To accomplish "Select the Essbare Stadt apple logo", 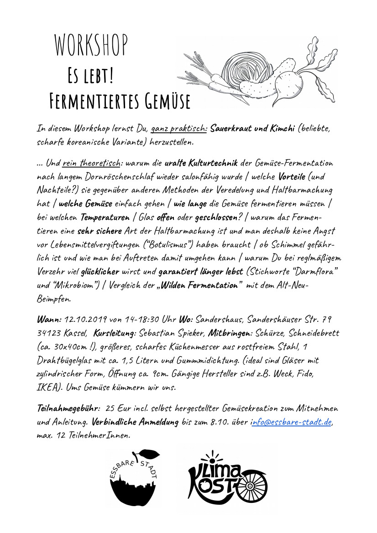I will click(133, 479).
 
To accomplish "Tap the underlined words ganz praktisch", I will click(178, 129).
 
